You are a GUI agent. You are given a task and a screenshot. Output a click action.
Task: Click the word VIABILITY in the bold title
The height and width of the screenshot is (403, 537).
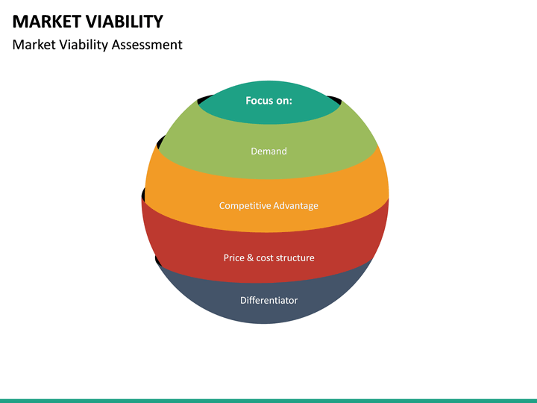click(x=124, y=21)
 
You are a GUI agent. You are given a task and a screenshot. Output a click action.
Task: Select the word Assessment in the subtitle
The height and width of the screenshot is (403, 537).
click(x=147, y=45)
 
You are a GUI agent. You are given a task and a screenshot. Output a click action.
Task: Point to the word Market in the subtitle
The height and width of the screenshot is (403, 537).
click(x=32, y=45)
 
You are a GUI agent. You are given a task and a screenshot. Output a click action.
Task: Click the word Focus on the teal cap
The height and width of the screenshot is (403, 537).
click(x=260, y=101)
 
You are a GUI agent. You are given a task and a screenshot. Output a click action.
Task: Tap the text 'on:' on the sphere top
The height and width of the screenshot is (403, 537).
click(x=284, y=101)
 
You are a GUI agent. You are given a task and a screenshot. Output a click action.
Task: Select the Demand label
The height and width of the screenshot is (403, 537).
click(x=268, y=151)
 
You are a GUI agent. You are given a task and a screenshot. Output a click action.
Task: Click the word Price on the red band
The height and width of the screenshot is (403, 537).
click(x=234, y=258)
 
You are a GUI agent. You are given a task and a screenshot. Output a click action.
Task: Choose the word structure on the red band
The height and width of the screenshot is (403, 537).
click(x=297, y=258)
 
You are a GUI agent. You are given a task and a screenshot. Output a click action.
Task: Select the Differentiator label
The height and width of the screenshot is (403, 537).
click(x=268, y=301)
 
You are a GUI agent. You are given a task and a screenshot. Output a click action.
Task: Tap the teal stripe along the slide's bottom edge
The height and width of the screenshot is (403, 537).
click(x=268, y=401)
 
